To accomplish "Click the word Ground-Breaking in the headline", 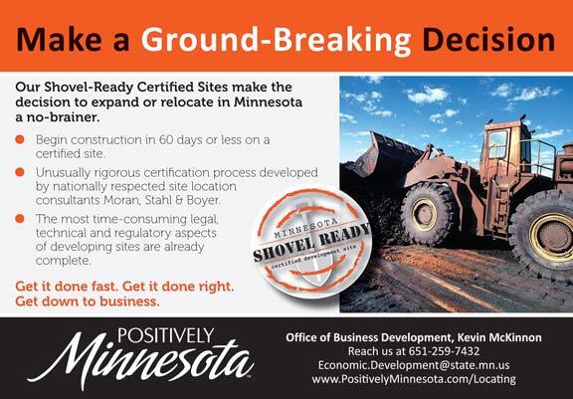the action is [276, 40].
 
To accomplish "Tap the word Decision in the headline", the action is [488, 39].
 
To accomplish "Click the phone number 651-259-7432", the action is [444, 351].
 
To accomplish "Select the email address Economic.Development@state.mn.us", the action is [414, 365].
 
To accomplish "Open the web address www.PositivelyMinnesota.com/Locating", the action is [414, 379].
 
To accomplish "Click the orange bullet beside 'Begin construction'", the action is [20, 139].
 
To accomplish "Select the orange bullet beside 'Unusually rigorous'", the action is [20, 172].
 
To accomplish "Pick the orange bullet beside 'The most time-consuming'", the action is [20, 219].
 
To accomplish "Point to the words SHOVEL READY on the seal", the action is [311, 242].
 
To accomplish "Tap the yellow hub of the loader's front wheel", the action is [424, 215].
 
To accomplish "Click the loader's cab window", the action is [497, 144].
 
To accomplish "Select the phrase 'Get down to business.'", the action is [88, 301].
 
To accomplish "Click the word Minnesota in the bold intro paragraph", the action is [268, 101].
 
